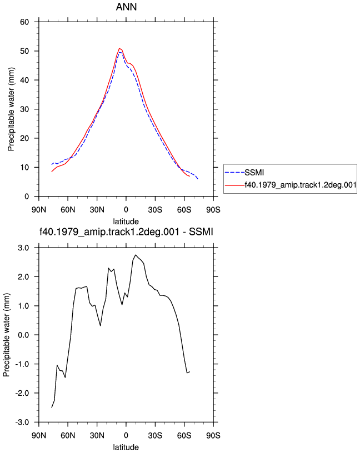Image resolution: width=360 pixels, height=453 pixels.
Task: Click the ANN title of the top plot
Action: [126, 7]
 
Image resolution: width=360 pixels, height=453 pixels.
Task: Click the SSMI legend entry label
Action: [254, 173]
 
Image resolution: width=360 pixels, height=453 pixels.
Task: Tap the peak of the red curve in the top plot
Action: [119, 48]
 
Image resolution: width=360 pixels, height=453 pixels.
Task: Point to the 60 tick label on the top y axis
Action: [24, 22]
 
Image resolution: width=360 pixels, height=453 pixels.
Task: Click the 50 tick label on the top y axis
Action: [24, 51]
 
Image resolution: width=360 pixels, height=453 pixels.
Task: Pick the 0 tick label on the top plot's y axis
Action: [27, 197]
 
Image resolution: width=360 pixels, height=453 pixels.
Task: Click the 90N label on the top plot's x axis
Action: [39, 210]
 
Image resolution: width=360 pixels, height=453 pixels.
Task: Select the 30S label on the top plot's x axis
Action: [155, 210]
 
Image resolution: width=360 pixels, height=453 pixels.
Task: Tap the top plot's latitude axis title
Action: [126, 222]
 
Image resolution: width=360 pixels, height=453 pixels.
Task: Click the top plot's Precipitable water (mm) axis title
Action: [11, 109]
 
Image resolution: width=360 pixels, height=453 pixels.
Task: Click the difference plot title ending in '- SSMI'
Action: [126, 231]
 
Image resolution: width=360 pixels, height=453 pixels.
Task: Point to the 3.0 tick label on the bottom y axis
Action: [23, 248]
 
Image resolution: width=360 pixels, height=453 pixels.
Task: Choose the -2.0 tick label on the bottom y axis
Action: [22, 393]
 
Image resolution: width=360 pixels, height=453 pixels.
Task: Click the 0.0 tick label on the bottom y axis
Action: [23, 335]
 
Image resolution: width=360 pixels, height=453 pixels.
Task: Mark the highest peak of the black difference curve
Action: [136, 255]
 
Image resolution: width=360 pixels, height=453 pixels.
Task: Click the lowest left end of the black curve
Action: [52, 407]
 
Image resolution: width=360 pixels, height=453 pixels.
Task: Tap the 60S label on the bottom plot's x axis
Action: [184, 435]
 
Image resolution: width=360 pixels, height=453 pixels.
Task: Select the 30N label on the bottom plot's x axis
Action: [97, 435]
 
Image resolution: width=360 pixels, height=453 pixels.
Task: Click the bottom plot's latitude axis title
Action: [126, 447]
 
